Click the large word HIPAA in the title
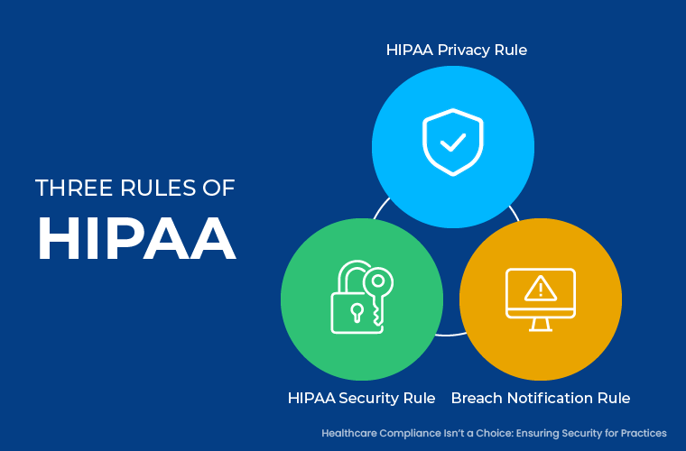click(x=135, y=238)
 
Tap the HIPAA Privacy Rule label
click(x=456, y=50)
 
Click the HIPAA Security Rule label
click(x=361, y=398)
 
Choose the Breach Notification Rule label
click(x=540, y=398)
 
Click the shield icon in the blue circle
click(x=453, y=143)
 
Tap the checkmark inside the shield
click(x=453, y=143)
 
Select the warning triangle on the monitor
click(x=541, y=287)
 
